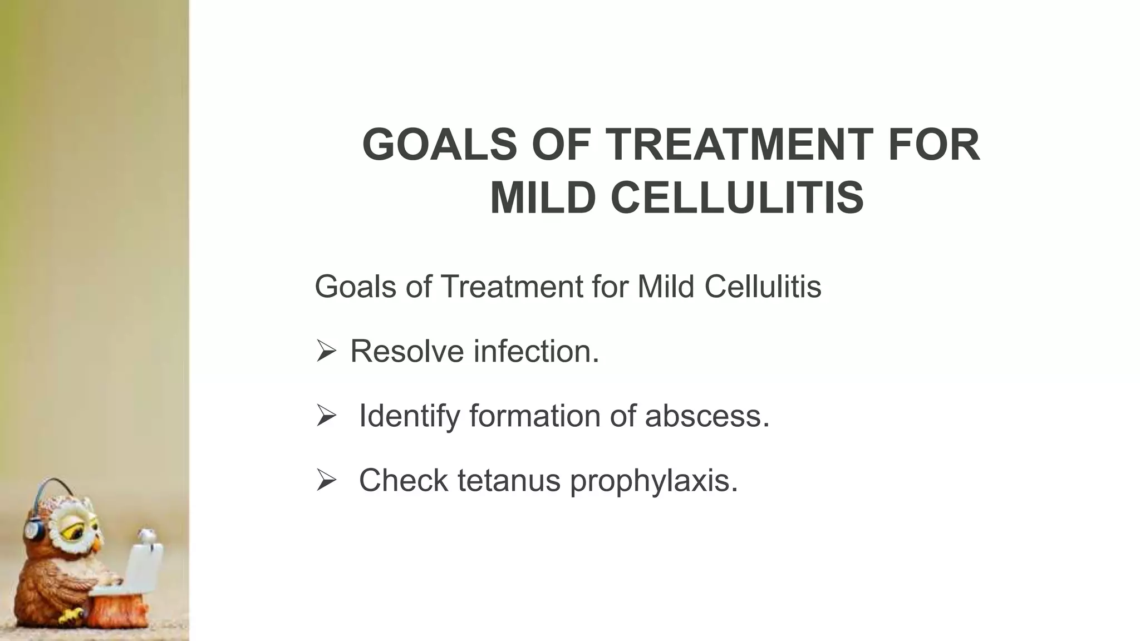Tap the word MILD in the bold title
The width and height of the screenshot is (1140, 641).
543,198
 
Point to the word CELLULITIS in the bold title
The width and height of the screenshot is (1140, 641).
738,198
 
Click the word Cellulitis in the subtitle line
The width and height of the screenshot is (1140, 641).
763,287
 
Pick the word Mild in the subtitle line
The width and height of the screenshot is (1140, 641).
665,287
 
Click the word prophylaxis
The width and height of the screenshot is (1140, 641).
654,480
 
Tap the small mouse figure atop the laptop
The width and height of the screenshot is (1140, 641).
147,535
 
